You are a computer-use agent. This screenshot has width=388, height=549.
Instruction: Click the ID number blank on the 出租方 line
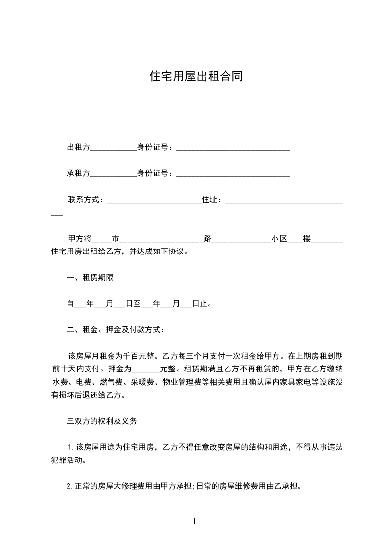point(232,149)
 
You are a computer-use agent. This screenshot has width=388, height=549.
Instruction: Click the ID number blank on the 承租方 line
point(232,174)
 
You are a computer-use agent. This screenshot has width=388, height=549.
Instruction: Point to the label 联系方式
point(84,200)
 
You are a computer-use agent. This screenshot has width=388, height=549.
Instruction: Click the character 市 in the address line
point(115,239)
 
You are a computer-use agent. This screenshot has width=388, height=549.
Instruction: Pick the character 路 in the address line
point(208,239)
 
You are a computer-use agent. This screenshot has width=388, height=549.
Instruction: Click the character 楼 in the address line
point(307,239)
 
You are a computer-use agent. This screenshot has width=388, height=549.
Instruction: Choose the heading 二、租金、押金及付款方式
point(115,330)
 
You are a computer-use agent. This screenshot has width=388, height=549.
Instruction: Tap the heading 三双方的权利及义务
point(104,421)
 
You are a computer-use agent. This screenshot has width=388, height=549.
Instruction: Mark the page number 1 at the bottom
point(194,522)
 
